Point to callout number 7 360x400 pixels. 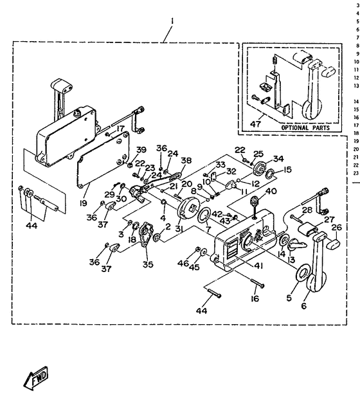click(207, 229)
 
